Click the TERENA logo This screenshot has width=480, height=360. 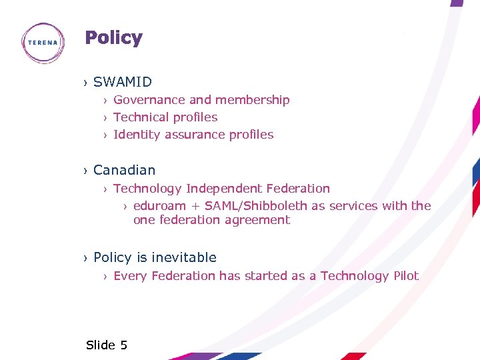click(x=43, y=43)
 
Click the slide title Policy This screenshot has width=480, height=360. click(x=113, y=38)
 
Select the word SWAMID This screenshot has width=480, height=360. click(x=123, y=82)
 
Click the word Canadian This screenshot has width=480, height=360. click(x=124, y=170)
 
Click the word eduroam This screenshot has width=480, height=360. click(x=159, y=206)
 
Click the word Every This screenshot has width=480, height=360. click(x=130, y=276)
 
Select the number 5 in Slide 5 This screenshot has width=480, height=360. click(x=123, y=345)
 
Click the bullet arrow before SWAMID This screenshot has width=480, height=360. click(x=85, y=83)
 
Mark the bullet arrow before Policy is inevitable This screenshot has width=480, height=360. click(x=85, y=259)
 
